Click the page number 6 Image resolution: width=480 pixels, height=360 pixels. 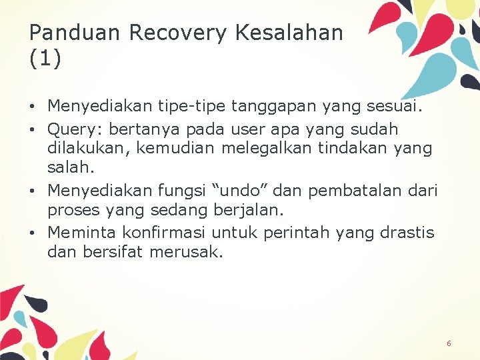[449, 343]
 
